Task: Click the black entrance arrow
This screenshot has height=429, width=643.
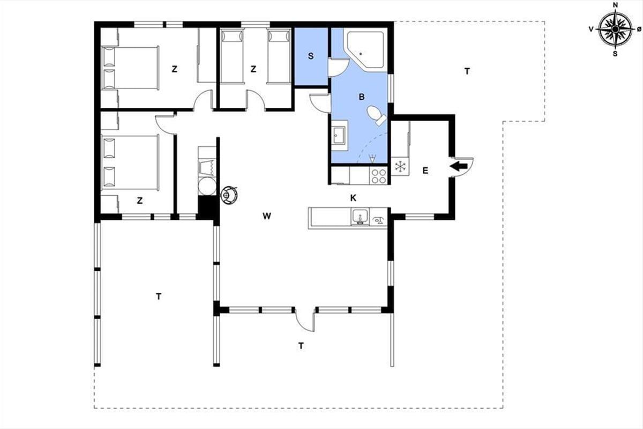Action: (459, 166)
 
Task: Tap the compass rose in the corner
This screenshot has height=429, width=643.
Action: (615, 29)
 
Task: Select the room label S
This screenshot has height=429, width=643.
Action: (311, 56)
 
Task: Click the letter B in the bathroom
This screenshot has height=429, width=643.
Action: (362, 97)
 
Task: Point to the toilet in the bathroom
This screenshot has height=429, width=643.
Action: (376, 115)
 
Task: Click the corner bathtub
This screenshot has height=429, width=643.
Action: (365, 50)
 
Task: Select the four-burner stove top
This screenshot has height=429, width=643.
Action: (379, 176)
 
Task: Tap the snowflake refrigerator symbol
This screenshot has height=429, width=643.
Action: (400, 166)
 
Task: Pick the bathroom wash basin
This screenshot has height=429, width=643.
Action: (340, 135)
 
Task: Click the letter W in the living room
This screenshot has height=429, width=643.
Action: (267, 216)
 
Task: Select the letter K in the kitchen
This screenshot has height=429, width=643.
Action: (353, 198)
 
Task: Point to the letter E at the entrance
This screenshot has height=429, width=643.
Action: (425, 171)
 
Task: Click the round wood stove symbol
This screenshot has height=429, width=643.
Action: (229, 195)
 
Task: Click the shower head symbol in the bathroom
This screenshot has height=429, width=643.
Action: (372, 158)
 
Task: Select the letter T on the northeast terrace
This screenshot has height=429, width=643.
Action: (467, 71)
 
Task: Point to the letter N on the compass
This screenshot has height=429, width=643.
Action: (615, 5)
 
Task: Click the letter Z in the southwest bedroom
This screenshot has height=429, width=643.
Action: (140, 201)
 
